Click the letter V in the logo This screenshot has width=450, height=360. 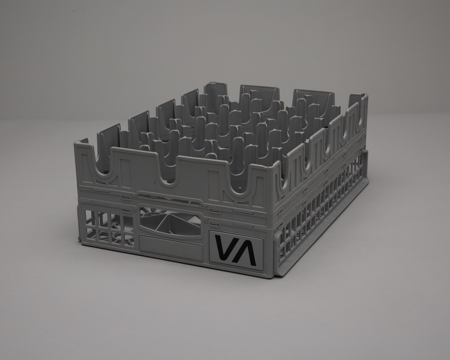225,249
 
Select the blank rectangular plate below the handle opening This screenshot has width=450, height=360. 170,243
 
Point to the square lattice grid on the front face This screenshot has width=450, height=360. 108,226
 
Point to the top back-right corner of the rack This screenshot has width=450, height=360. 364,96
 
